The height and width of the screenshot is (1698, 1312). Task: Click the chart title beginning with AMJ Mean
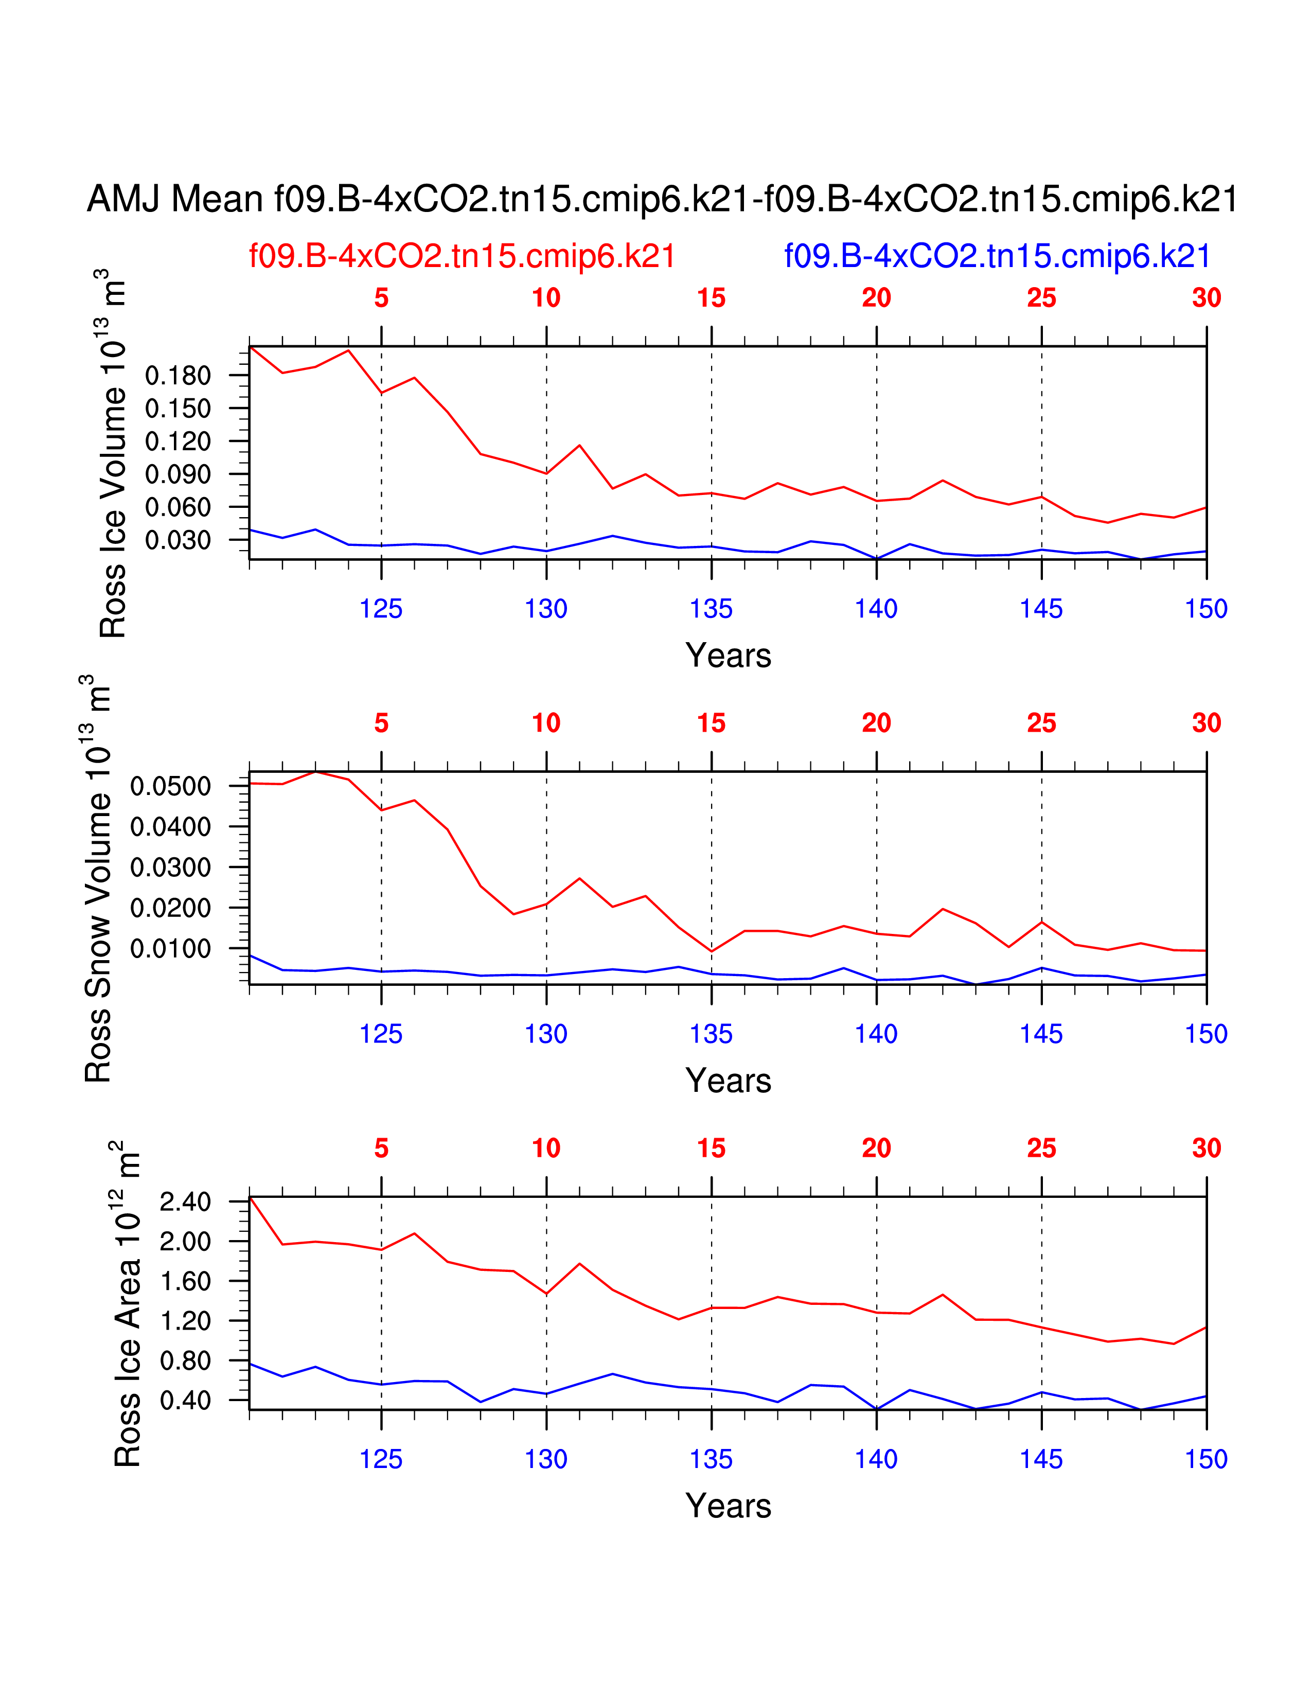[662, 199]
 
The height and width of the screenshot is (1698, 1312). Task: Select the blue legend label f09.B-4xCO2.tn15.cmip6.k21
[997, 256]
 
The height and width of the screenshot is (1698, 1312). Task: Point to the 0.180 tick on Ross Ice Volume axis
[178, 376]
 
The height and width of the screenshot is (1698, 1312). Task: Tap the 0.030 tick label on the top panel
[178, 540]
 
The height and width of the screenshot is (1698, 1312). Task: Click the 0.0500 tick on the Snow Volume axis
[170, 786]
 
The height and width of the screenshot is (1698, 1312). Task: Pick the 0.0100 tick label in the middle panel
[170, 948]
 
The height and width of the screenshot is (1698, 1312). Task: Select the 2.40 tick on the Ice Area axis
[185, 1202]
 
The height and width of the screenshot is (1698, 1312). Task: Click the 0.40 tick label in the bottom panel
[185, 1400]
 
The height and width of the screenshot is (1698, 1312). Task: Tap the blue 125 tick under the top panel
[381, 609]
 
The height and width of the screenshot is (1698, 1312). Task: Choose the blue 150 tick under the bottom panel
[1205, 1459]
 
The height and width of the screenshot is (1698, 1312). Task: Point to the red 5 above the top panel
[381, 298]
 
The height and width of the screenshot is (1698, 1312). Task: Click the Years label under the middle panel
[728, 1081]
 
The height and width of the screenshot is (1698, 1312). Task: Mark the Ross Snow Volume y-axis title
[97, 878]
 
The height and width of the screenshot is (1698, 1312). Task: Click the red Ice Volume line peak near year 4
[348, 350]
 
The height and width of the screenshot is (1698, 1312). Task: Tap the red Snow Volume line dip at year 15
[711, 951]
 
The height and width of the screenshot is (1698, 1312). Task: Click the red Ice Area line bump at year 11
[579, 1263]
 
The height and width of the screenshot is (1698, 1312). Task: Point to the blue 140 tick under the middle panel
[876, 1034]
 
